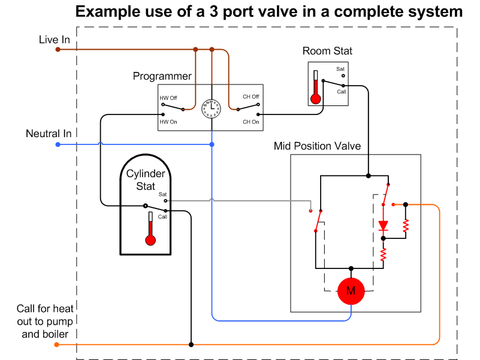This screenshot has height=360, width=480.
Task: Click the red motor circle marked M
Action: [351, 291]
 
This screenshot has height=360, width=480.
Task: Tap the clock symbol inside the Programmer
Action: [211, 108]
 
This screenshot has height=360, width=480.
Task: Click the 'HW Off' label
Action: [168, 98]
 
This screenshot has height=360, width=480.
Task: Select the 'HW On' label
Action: [168, 122]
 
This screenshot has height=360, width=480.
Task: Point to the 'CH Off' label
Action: [251, 96]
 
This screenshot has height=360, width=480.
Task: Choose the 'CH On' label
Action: [251, 122]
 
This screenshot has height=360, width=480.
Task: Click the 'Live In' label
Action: [55, 40]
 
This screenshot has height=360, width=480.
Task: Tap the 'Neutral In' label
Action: [49, 134]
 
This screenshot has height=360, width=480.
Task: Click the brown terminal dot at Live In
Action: [58, 49]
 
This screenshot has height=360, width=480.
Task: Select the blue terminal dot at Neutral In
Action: [58, 144]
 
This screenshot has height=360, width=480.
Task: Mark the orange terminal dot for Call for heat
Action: [57, 344]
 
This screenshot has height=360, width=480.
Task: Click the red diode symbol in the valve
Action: [384, 226]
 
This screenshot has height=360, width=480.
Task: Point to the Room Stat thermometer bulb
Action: [316, 99]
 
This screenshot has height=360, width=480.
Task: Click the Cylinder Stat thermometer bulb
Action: [150, 240]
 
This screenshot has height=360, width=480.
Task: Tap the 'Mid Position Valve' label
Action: [317, 146]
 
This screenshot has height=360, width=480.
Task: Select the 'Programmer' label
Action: [162, 76]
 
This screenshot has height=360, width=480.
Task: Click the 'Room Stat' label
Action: [327, 51]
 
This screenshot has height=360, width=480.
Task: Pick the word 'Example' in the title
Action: [107, 12]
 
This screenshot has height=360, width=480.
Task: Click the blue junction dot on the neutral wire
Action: [212, 144]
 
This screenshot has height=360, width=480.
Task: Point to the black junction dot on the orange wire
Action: [191, 344]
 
